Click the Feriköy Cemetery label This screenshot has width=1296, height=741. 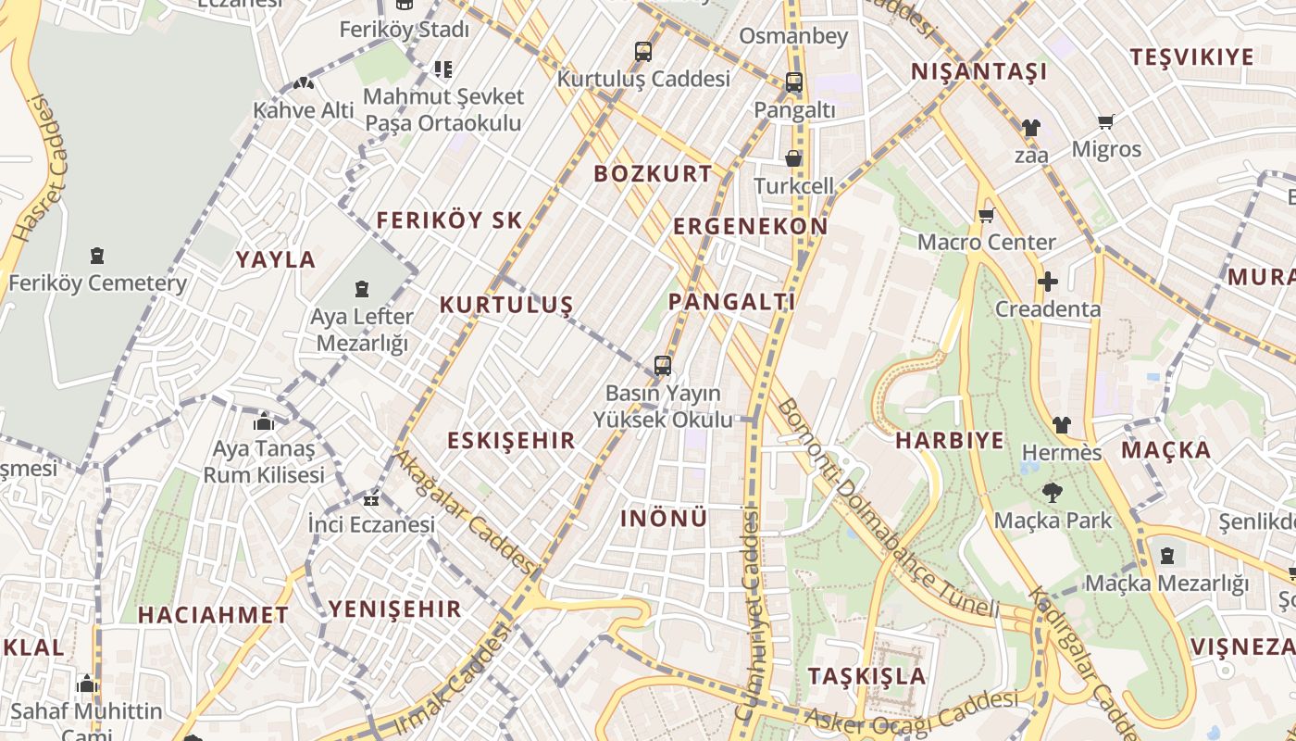97,283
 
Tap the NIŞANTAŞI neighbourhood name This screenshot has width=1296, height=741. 978,71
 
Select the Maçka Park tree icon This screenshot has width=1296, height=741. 1052,493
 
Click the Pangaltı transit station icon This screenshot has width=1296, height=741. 793,82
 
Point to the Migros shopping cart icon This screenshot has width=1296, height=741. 1105,121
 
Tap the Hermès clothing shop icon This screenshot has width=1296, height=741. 1061,425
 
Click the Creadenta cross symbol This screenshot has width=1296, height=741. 1047,282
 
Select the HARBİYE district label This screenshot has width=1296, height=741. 949,440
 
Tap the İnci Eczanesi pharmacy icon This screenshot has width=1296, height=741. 371,500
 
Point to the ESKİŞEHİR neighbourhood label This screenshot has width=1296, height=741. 511,440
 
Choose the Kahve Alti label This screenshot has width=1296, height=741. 304,110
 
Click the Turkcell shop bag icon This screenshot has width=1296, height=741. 793,158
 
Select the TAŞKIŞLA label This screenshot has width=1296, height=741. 866,675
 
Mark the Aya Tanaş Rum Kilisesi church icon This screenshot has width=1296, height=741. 264,421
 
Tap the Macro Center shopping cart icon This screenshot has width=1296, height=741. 986,216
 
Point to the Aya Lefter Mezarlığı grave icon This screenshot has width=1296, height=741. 361,289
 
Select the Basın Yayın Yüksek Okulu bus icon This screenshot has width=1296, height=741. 663,365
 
